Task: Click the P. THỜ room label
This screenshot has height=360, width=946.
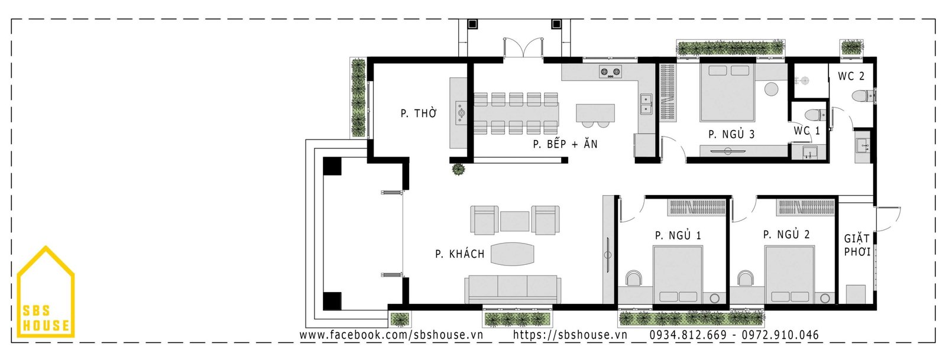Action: click(x=419, y=113)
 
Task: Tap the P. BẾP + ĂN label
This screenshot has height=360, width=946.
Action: click(x=565, y=144)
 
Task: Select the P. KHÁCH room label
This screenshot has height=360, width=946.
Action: click(x=459, y=254)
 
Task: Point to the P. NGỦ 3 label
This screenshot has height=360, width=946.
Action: click(x=731, y=135)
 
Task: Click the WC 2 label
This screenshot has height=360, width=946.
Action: click(x=851, y=76)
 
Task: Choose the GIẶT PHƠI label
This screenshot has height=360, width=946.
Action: click(x=857, y=245)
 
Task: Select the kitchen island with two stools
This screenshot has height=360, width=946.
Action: click(x=595, y=113)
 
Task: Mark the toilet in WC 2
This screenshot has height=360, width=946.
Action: click(x=863, y=95)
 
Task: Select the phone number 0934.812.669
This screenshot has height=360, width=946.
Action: click(x=688, y=335)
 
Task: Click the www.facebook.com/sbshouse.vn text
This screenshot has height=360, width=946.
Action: click(x=391, y=335)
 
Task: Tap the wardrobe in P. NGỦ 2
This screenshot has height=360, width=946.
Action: click(x=806, y=207)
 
